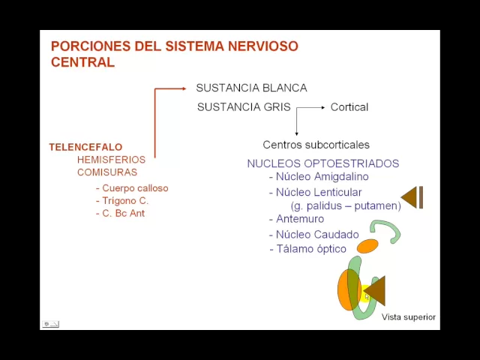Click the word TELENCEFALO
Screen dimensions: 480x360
coord(85,147)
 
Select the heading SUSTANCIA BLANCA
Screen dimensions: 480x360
coord(251,88)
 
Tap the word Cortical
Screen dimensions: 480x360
coord(349,107)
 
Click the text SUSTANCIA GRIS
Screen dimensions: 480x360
coord(244,107)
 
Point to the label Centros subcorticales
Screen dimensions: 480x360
coord(316,145)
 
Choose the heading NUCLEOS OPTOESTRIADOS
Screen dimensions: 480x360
coord(322,163)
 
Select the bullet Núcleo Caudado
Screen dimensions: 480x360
coord(317,235)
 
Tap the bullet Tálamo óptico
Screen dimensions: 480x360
coord(311,249)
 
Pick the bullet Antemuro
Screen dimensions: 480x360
coord(300,219)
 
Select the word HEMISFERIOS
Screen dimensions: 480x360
coord(111,160)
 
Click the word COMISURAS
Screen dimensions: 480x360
coord(106,172)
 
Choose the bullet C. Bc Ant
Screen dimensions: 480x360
coord(123,214)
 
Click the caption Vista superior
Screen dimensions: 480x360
coord(408,317)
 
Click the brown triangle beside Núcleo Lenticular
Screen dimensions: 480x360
coord(410,197)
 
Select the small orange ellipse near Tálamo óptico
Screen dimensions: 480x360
coord(367,246)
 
